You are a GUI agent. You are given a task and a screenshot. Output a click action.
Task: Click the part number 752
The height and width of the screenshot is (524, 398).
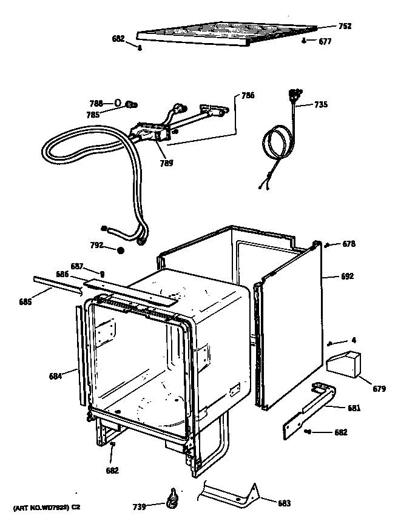pos(345,26)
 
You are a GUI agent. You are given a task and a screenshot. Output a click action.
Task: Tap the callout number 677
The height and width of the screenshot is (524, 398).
pos(325,42)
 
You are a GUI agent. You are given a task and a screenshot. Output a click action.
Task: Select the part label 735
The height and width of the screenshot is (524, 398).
pos(321,104)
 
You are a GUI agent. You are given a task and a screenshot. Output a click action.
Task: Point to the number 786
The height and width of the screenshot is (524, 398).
pos(248,95)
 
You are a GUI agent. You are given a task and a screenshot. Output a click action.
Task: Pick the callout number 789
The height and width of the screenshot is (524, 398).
pos(166,163)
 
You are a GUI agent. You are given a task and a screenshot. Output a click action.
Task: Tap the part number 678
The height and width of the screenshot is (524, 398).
pos(348,244)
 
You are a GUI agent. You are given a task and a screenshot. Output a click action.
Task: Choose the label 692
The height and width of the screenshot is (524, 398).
pos(347,277)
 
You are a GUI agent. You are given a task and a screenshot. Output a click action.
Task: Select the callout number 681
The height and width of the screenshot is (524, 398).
pos(354,408)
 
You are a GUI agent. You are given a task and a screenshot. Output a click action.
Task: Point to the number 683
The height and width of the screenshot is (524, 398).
pos(284,503)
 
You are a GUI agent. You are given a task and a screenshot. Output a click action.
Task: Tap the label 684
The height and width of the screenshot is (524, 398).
pos(56,376)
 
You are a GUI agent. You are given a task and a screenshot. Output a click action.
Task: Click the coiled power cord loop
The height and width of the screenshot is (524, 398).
pos(275,146)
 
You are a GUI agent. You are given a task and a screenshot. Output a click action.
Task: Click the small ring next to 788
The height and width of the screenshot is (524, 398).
pos(118,103)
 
